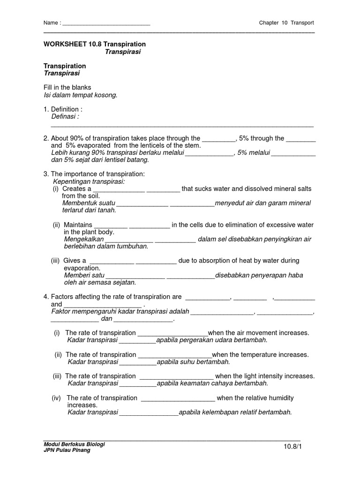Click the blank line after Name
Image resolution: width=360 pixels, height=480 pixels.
[106, 23]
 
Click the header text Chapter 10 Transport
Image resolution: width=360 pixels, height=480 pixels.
[286, 22]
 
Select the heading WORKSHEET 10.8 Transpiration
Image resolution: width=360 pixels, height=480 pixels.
[95, 44]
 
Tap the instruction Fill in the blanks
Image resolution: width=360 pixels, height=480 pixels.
[67, 88]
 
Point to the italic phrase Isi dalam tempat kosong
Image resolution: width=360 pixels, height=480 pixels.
[80, 95]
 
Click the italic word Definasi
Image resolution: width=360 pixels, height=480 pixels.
[65, 116]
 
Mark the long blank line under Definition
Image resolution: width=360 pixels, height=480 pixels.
[182, 126]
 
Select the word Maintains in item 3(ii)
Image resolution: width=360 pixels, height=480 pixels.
[78, 225]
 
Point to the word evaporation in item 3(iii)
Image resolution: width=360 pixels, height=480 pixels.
[82, 268]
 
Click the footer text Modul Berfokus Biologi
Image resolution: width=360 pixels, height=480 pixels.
[74, 444]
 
